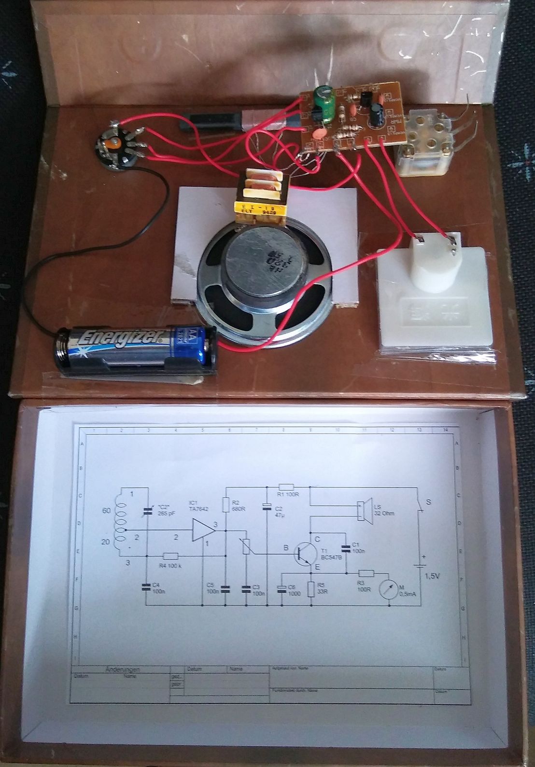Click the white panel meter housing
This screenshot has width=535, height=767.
(435, 299)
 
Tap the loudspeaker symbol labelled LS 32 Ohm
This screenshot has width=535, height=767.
(360, 511)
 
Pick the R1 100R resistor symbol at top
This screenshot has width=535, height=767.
(287, 487)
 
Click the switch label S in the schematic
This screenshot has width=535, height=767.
(428, 502)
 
